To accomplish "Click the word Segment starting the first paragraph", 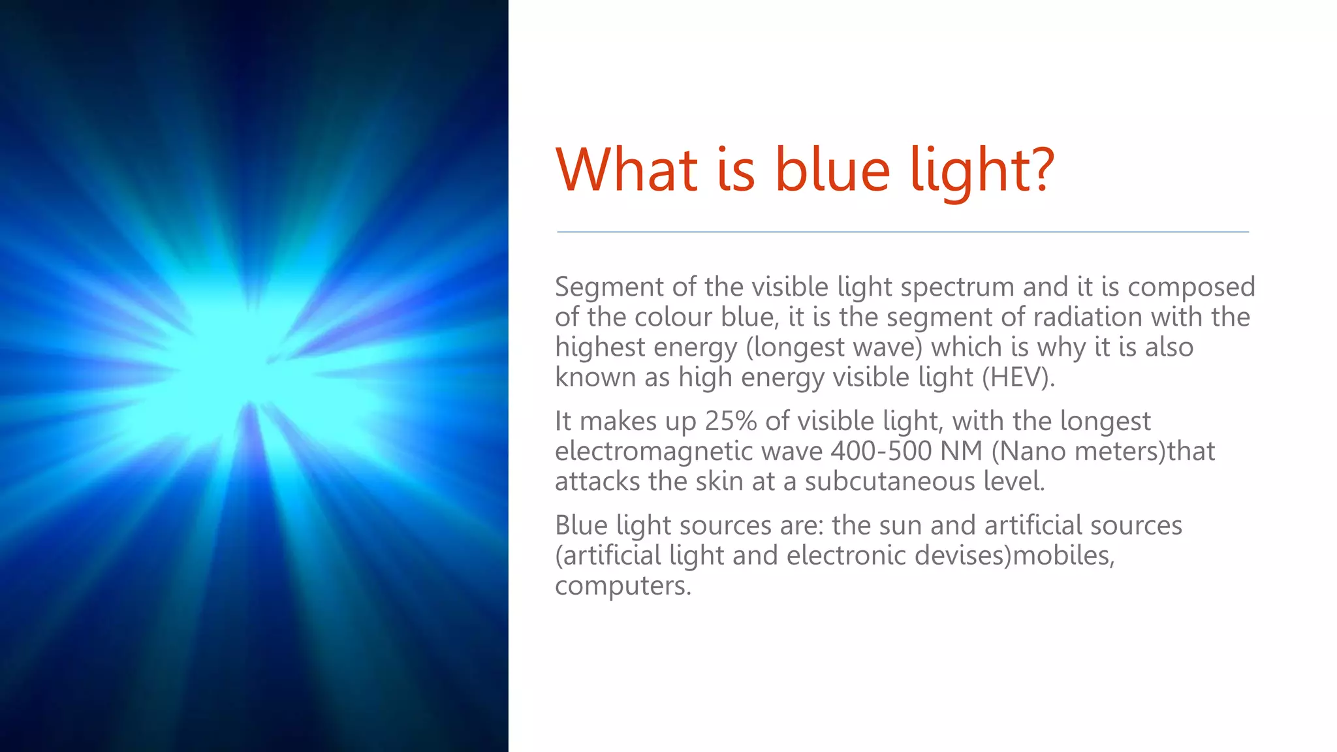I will pos(609,287).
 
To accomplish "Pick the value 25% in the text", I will pos(731,422).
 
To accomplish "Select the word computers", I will pos(622,586).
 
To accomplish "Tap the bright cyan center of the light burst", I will pos(242,372).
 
